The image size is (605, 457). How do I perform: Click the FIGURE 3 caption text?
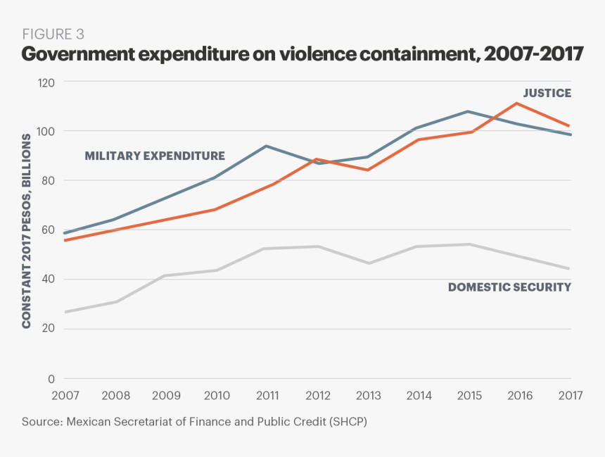tap(53, 34)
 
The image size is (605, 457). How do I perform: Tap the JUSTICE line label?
tap(547, 93)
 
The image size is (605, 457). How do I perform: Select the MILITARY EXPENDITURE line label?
tap(155, 156)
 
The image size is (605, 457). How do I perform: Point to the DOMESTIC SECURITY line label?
tap(509, 287)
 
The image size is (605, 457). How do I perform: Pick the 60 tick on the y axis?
tap(48, 230)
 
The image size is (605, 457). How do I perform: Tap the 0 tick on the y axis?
tap(51, 379)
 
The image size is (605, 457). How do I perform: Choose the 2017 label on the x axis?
tap(570, 396)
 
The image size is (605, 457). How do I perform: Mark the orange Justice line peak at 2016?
tap(517, 104)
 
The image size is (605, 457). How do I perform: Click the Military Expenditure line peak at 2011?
tap(266, 146)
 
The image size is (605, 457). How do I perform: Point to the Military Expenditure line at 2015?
tap(469, 111)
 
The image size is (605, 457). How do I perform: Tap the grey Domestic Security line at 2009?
tap(165, 275)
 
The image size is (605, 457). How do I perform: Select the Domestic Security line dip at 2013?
tap(367, 263)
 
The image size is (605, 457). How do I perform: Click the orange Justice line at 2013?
tap(367, 170)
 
